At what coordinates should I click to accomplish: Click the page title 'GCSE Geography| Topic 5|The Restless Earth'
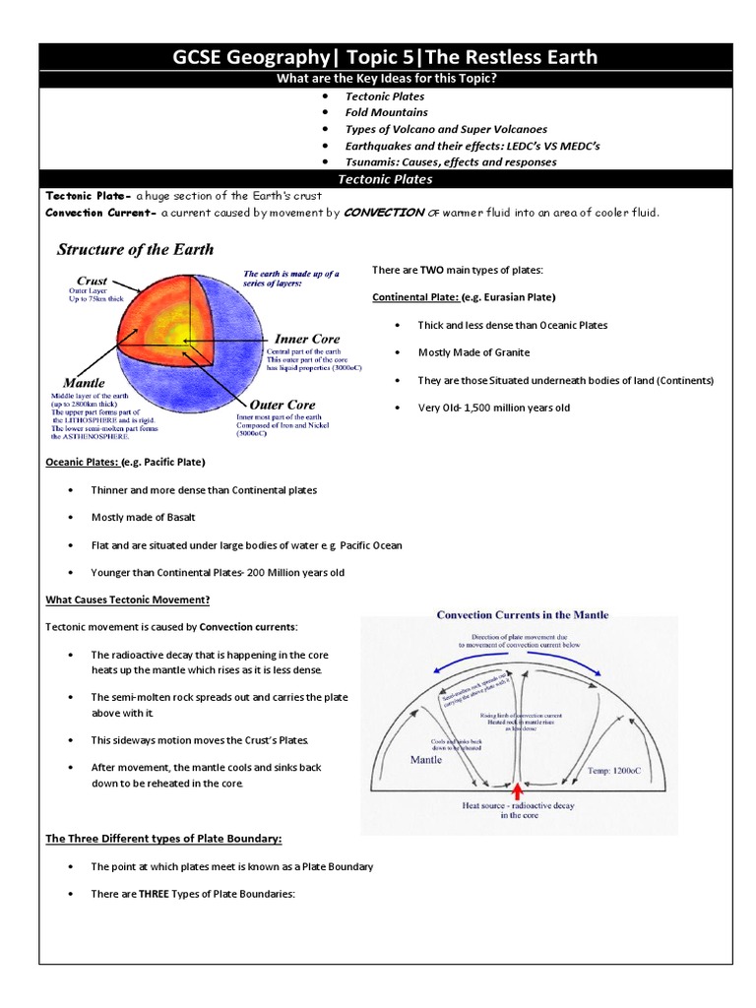(385, 57)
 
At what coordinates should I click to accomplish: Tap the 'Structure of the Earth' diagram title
(135, 249)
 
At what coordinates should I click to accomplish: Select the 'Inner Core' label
(307, 339)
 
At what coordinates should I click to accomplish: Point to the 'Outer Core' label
(283, 405)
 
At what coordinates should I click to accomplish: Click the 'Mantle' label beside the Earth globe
(84, 382)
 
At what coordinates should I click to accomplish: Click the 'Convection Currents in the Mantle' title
(523, 615)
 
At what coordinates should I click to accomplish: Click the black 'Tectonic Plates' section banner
(385, 179)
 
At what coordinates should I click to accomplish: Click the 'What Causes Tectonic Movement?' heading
(128, 599)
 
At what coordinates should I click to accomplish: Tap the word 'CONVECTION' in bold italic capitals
(383, 213)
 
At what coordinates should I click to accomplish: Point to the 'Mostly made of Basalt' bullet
(143, 517)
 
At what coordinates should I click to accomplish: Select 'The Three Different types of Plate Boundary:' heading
(163, 839)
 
